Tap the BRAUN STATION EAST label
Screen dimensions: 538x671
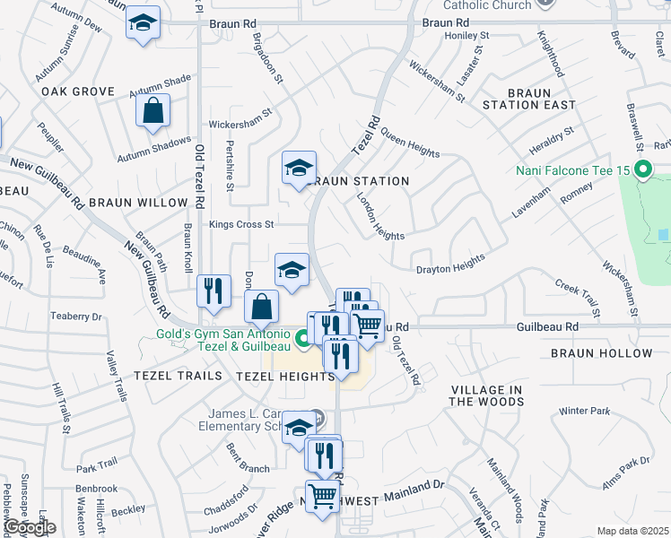(x=541, y=99)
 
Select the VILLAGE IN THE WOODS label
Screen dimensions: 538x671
(x=486, y=395)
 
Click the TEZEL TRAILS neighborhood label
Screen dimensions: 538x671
(x=171, y=377)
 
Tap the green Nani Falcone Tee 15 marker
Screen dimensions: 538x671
(x=642, y=169)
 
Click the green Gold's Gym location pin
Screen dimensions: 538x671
(x=303, y=338)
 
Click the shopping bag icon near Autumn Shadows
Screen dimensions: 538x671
(x=153, y=111)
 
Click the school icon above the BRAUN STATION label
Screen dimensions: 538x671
(x=300, y=168)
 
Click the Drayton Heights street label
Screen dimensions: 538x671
(x=450, y=264)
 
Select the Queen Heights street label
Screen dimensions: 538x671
(x=410, y=143)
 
